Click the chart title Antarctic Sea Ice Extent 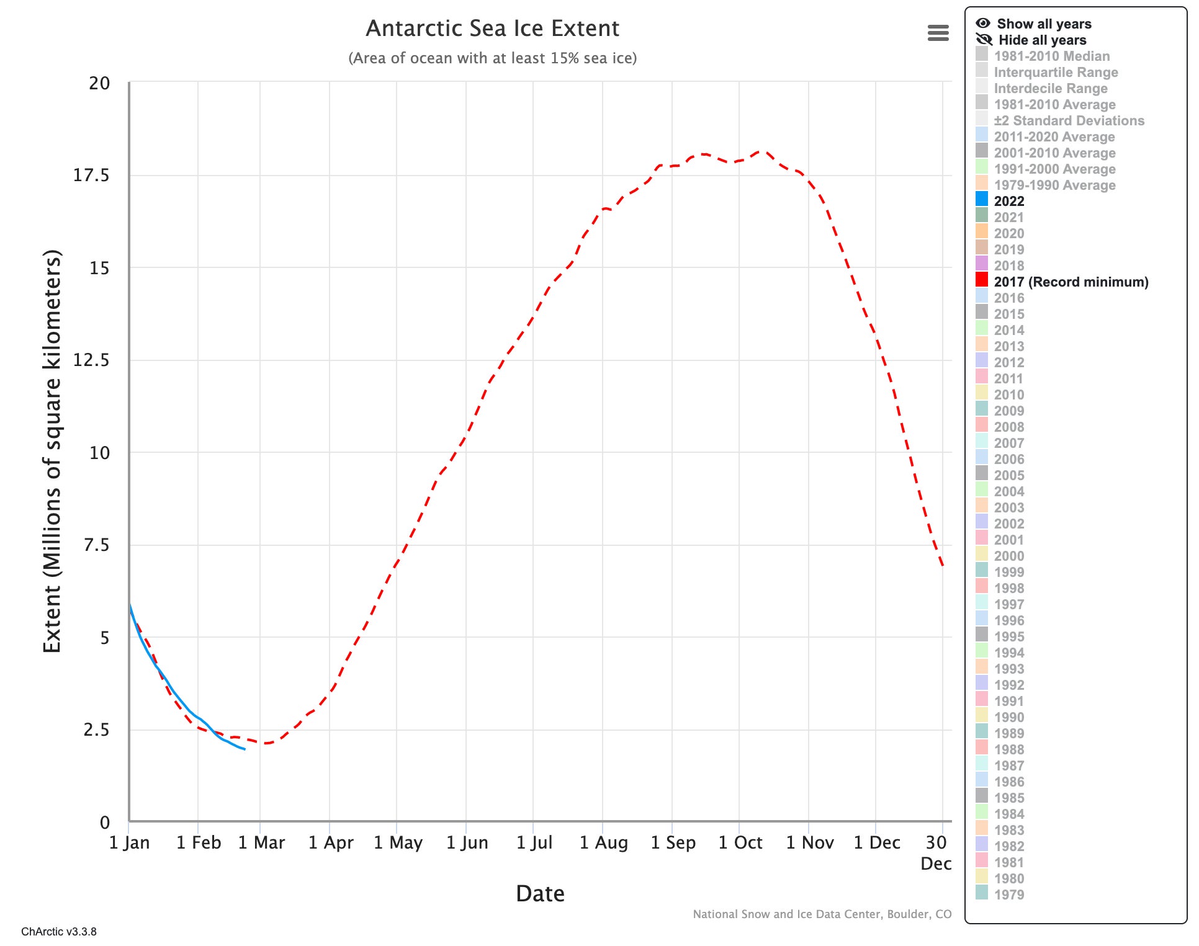point(492,29)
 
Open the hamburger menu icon point(938,33)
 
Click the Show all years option point(1043,24)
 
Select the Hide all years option point(1041,40)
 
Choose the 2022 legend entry point(1008,201)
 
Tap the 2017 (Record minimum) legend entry point(1071,282)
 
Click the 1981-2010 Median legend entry point(1051,56)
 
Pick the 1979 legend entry point(1008,895)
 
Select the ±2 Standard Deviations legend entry point(1069,120)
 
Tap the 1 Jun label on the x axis point(467,842)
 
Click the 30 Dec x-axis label point(936,852)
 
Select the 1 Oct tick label point(740,842)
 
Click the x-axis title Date point(540,893)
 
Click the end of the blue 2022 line point(245,749)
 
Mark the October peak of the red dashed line point(762,151)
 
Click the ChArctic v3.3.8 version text point(59,931)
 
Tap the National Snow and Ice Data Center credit point(822,914)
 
